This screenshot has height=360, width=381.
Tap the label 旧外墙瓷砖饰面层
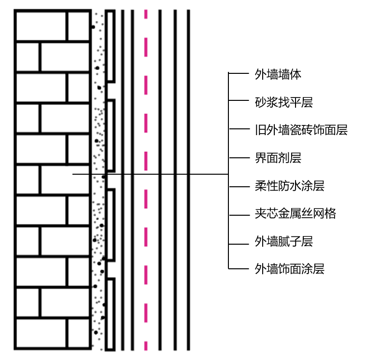(301, 130)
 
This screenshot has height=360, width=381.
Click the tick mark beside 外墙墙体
(238, 74)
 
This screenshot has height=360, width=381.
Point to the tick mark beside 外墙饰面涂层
(238, 268)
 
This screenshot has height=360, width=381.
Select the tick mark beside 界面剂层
(238, 157)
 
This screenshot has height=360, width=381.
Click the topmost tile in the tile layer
(110, 46)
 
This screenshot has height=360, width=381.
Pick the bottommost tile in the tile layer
(110, 314)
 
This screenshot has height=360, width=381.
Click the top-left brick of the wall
(40, 26)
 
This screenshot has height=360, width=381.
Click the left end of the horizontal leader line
(73, 174)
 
